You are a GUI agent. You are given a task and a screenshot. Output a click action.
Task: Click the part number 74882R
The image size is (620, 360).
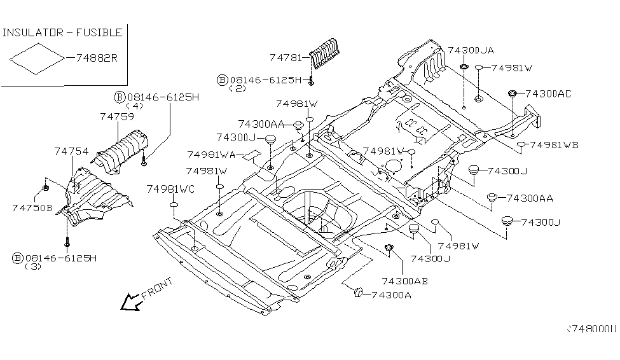coord(97,57)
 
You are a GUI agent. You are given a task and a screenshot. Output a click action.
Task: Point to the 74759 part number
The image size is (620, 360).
coord(116,117)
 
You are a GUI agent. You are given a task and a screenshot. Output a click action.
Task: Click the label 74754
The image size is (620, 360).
coord(71,151)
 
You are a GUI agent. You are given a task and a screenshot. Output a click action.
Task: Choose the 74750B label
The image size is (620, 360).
coord(32,207)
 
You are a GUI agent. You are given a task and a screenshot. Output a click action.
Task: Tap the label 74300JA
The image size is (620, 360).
coord(471,50)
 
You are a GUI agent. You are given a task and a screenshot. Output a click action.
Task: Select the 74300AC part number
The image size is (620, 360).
coord(548,93)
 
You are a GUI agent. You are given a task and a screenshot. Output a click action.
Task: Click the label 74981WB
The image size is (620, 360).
coord(554,145)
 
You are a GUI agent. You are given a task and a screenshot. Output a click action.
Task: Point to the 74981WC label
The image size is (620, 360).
coord(170,189)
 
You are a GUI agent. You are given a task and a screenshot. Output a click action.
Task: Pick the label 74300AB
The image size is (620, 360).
coord(404,280)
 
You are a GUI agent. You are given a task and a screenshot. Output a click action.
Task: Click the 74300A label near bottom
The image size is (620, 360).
coord(390,294)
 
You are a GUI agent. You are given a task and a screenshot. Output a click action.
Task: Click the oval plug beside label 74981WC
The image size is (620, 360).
coord(174,205)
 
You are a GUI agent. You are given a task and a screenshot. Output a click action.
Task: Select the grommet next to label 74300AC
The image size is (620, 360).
coord(511,94)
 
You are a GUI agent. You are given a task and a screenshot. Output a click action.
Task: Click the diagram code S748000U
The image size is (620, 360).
coord(592,329)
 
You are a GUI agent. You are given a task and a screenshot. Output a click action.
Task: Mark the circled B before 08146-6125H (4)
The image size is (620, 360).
coord(119,97)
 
